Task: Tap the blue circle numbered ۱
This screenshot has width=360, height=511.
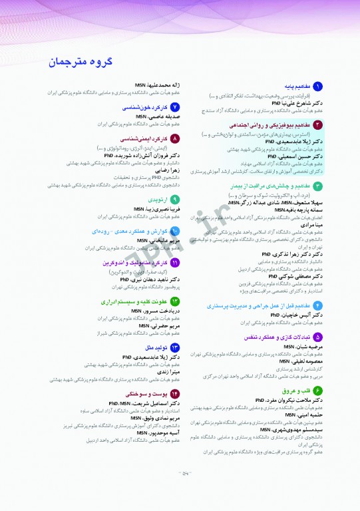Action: [318, 86]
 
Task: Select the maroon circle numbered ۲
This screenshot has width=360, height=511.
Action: [318, 124]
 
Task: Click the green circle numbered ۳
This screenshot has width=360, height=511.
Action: [318, 186]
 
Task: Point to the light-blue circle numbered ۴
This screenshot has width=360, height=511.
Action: [318, 305]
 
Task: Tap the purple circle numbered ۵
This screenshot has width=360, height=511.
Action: [318, 337]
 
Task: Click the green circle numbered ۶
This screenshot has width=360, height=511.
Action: [318, 389]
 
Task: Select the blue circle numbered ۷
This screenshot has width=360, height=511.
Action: [175, 106]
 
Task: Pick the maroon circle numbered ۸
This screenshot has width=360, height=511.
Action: [175, 138]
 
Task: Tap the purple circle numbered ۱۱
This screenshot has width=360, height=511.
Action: [175, 263]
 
